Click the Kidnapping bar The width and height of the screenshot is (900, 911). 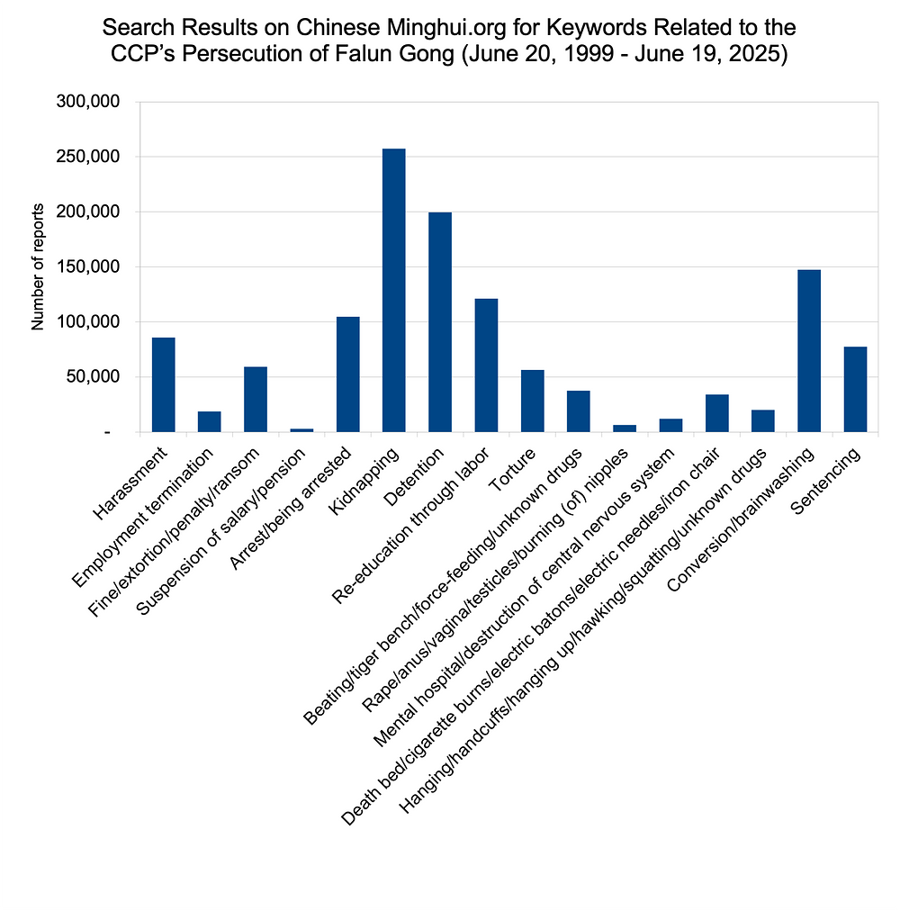[394, 291]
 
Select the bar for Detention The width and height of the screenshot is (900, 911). [440, 322]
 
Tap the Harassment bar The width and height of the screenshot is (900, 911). [163, 384]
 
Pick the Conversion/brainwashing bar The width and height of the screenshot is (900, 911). [809, 351]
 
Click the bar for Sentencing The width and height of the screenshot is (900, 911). [855, 389]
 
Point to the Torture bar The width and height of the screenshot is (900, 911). [532, 401]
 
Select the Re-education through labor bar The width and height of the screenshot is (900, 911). [486, 365]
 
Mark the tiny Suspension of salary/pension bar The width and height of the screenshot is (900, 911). [301, 430]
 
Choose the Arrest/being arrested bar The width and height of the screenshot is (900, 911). [348, 374]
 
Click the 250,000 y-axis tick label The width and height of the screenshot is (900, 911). [87, 157]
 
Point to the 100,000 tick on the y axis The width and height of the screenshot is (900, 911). [87, 322]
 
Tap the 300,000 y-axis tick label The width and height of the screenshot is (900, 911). [87, 102]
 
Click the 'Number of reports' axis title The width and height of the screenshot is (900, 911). [38, 266]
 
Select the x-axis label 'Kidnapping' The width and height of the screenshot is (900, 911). [364, 481]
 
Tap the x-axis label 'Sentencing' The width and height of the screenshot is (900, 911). [825, 481]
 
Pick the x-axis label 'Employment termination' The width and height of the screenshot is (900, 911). [143, 518]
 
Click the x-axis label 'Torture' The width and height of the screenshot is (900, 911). [512, 470]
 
